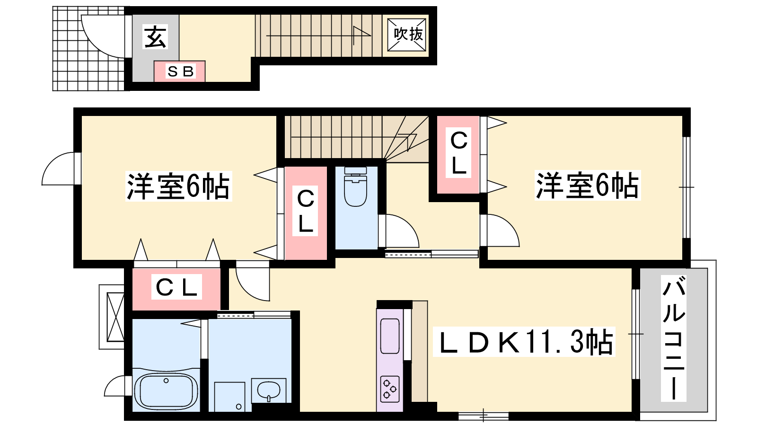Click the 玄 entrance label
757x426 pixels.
click(156, 37)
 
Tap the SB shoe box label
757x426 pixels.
click(180, 71)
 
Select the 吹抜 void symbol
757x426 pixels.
click(406, 35)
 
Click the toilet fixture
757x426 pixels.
click(355, 186)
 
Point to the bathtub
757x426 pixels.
click(166, 392)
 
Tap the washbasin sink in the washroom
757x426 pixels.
click(269, 390)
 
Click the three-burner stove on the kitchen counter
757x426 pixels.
click(390, 389)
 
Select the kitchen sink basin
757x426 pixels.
click(390, 336)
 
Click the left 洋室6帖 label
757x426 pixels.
click(178, 186)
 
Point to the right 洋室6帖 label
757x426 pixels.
click(587, 186)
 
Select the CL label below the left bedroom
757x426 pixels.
click(176, 287)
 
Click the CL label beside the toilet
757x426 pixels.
click(306, 211)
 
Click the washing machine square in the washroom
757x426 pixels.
click(230, 397)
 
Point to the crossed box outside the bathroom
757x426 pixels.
click(115, 317)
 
